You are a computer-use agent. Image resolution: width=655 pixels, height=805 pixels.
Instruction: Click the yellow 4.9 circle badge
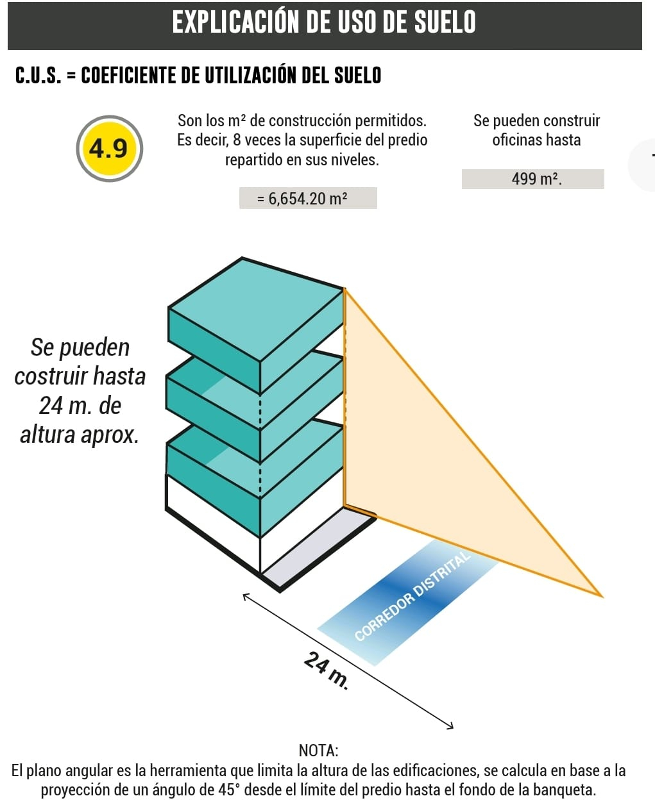[x=109, y=149]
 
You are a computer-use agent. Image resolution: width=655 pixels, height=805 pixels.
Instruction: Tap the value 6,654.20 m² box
[x=308, y=198]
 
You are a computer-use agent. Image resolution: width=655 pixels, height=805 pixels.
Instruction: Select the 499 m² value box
[x=533, y=179]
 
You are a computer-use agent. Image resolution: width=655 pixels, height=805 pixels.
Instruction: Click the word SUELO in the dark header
[x=444, y=22]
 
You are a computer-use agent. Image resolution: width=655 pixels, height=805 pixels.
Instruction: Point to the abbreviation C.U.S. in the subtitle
[x=38, y=76]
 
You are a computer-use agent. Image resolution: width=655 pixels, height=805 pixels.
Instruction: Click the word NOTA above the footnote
[x=319, y=750]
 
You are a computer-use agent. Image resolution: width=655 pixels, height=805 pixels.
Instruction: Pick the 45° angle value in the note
[x=230, y=790]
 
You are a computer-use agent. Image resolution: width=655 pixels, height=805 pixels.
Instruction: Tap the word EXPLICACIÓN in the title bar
[x=235, y=22]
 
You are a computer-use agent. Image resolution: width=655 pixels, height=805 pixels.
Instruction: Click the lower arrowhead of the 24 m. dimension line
[x=450, y=726]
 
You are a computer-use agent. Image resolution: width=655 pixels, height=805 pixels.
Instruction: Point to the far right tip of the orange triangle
[x=600, y=595]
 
